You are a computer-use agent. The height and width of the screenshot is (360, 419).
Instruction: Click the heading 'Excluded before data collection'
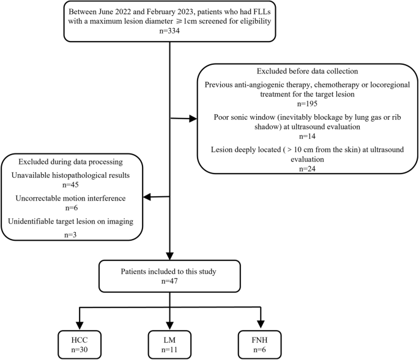click(304, 71)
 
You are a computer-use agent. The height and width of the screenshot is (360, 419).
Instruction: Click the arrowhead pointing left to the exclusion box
click(146, 197)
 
